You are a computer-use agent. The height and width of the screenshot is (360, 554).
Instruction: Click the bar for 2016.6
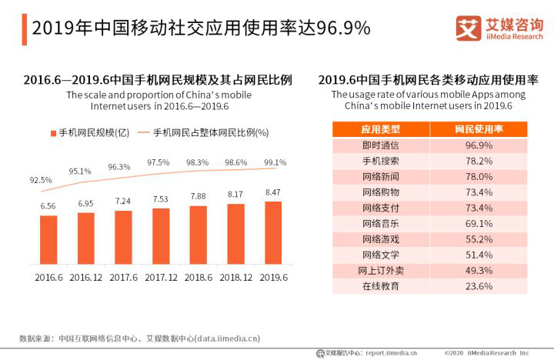[48, 238]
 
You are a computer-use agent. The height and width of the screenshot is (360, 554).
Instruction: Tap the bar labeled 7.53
[161, 235]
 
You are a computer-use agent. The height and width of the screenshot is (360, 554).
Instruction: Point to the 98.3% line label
[198, 162]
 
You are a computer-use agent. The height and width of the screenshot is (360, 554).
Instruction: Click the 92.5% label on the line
[42, 179]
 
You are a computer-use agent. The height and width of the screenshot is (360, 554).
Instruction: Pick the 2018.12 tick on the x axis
[235, 275]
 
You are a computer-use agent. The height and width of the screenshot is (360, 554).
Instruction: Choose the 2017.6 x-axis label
[123, 275]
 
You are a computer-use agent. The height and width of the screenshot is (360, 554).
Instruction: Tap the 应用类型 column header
[380, 128]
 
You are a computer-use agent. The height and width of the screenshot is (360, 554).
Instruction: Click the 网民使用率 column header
[479, 128]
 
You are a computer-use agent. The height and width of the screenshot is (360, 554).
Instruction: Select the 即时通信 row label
[380, 145]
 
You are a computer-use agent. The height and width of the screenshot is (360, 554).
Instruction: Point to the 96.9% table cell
[479, 145]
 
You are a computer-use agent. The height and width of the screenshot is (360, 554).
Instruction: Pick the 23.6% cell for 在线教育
[479, 285]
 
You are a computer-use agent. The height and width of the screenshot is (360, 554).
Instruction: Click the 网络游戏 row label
[380, 238]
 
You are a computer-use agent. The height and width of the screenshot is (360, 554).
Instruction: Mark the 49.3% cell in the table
[479, 270]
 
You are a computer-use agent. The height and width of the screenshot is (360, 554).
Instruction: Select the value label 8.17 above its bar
[235, 195]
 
